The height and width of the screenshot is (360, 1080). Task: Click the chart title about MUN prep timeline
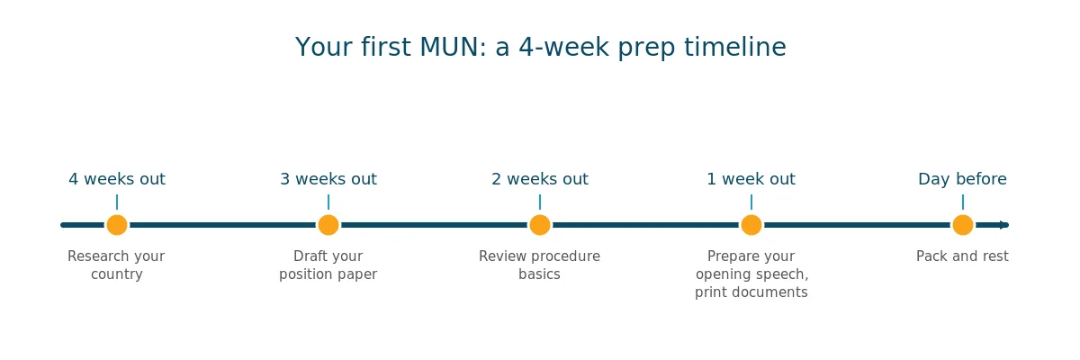[x=541, y=47]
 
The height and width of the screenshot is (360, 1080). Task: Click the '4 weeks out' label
[x=117, y=179]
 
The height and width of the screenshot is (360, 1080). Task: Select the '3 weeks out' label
[x=328, y=179]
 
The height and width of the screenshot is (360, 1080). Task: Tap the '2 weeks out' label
[x=540, y=179]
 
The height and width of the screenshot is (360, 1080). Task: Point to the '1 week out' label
[x=751, y=179]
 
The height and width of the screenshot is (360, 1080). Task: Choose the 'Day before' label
[x=962, y=179]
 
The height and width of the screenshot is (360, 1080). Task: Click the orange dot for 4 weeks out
[x=117, y=225]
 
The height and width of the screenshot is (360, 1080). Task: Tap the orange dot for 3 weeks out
[x=328, y=225]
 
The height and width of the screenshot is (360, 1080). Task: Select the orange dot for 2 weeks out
[x=540, y=225]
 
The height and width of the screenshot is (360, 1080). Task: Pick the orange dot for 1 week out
[x=751, y=225]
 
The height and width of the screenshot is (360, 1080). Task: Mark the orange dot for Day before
[x=963, y=225]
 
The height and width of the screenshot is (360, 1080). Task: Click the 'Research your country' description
[x=116, y=265]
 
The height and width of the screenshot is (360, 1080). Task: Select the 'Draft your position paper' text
[x=328, y=265]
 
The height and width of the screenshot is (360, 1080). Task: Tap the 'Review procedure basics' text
[x=539, y=265]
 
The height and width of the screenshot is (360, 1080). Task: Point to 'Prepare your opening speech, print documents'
[x=751, y=274]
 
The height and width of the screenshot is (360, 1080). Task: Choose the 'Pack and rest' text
[x=962, y=256]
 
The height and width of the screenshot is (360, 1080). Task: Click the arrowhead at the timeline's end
[x=1004, y=225]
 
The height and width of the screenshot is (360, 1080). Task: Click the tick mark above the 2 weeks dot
[x=540, y=202]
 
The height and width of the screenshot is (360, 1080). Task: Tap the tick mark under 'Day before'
[x=963, y=202]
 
